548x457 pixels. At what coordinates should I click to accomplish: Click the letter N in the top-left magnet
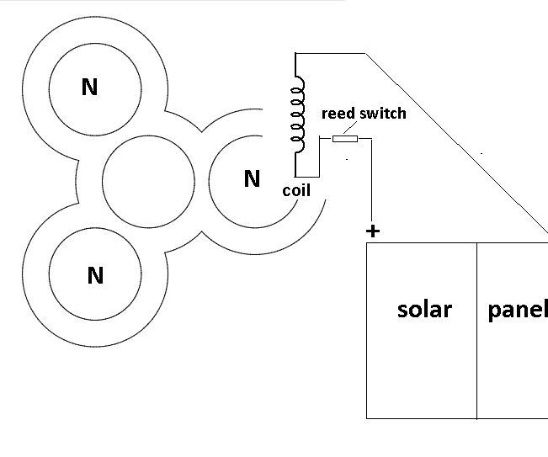89,87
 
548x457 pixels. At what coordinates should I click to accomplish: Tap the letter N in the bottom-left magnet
95,275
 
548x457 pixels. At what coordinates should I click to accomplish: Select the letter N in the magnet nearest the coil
251,178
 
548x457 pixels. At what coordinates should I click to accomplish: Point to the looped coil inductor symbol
297,114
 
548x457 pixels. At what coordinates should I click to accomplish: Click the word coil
296,191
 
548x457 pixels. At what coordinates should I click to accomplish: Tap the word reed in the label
339,113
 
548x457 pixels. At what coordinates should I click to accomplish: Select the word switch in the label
383,113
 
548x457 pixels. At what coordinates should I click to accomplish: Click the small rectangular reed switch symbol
345,139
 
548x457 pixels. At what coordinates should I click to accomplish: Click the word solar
424,309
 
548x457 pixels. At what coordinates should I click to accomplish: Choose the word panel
517,309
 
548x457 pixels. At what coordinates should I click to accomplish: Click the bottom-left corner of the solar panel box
367,417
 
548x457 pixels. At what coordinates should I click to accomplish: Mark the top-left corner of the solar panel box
367,243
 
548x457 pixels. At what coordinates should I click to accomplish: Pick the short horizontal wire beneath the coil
306,177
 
